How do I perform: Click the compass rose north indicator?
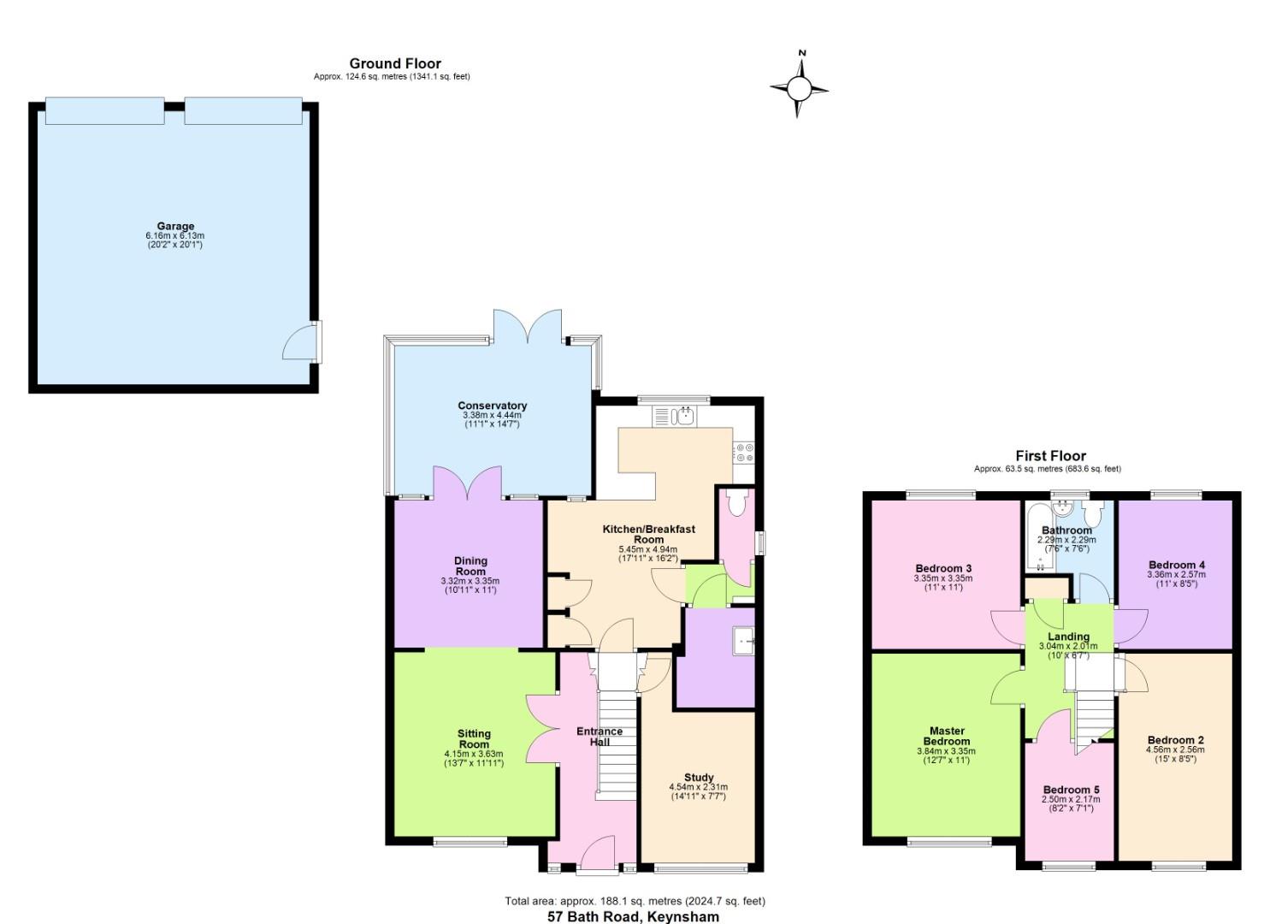tap(802, 54)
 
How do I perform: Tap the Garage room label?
tap(175, 227)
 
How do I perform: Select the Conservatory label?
tap(492, 406)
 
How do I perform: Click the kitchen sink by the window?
tap(685, 417)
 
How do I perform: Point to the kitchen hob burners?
tap(743, 452)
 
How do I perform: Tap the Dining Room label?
tap(470, 566)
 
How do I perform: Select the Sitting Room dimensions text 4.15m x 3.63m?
tap(473, 754)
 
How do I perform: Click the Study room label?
tap(699, 778)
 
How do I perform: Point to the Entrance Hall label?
tap(599, 736)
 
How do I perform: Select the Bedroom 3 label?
tap(943, 568)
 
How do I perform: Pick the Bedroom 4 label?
tap(1177, 565)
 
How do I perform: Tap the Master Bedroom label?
tap(947, 736)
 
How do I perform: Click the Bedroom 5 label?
tap(1071, 790)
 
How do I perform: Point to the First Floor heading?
tap(1050, 456)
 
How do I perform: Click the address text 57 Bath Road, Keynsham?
tap(633, 916)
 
